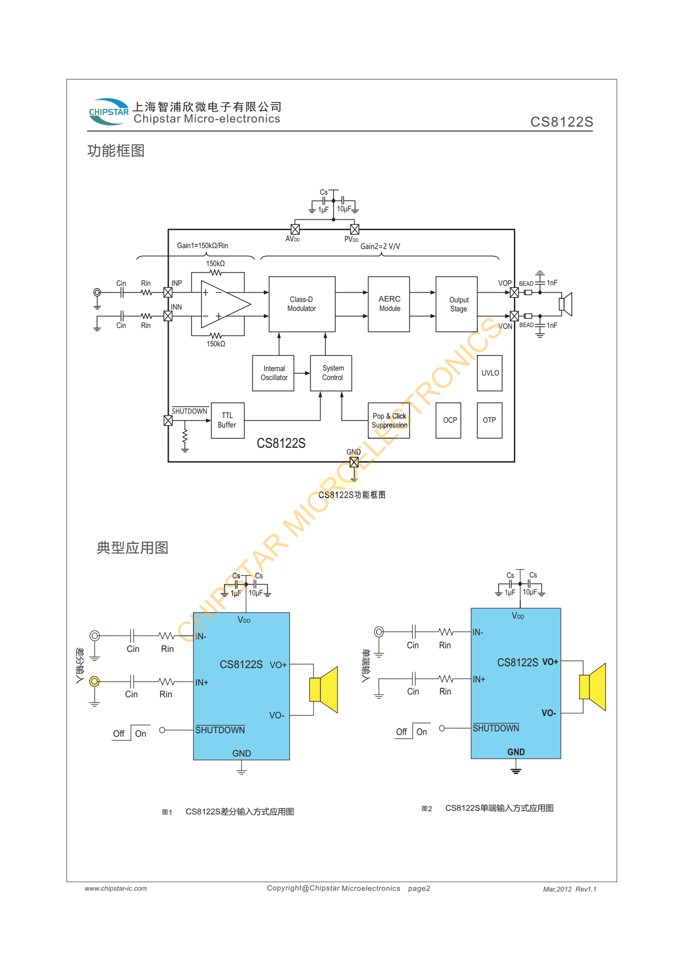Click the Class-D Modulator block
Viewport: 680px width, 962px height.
click(x=302, y=304)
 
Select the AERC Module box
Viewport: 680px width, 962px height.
click(x=389, y=304)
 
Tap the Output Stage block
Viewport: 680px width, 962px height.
click(x=456, y=304)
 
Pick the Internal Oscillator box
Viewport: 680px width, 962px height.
click(x=273, y=373)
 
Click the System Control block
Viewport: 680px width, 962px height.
click(x=331, y=373)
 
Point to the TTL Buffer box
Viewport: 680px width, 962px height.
click(x=228, y=420)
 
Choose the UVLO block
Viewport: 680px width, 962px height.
click(x=489, y=373)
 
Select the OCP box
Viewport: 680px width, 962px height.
click(x=448, y=420)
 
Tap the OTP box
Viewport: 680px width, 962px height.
click(x=489, y=420)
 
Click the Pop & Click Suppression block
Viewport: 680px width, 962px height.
click(x=389, y=420)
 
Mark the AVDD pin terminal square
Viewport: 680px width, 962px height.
click(x=295, y=229)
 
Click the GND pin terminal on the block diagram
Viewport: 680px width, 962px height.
click(x=354, y=462)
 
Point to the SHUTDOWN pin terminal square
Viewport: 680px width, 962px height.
click(x=168, y=420)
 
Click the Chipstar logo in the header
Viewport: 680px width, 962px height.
click(x=108, y=112)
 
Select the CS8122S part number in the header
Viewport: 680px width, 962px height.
click(x=562, y=122)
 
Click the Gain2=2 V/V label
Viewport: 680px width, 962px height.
click(x=380, y=246)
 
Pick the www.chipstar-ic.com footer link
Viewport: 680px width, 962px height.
click(x=116, y=888)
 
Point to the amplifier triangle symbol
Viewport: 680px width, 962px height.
click(x=224, y=304)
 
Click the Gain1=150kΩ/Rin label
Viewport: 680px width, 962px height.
click(x=202, y=245)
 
